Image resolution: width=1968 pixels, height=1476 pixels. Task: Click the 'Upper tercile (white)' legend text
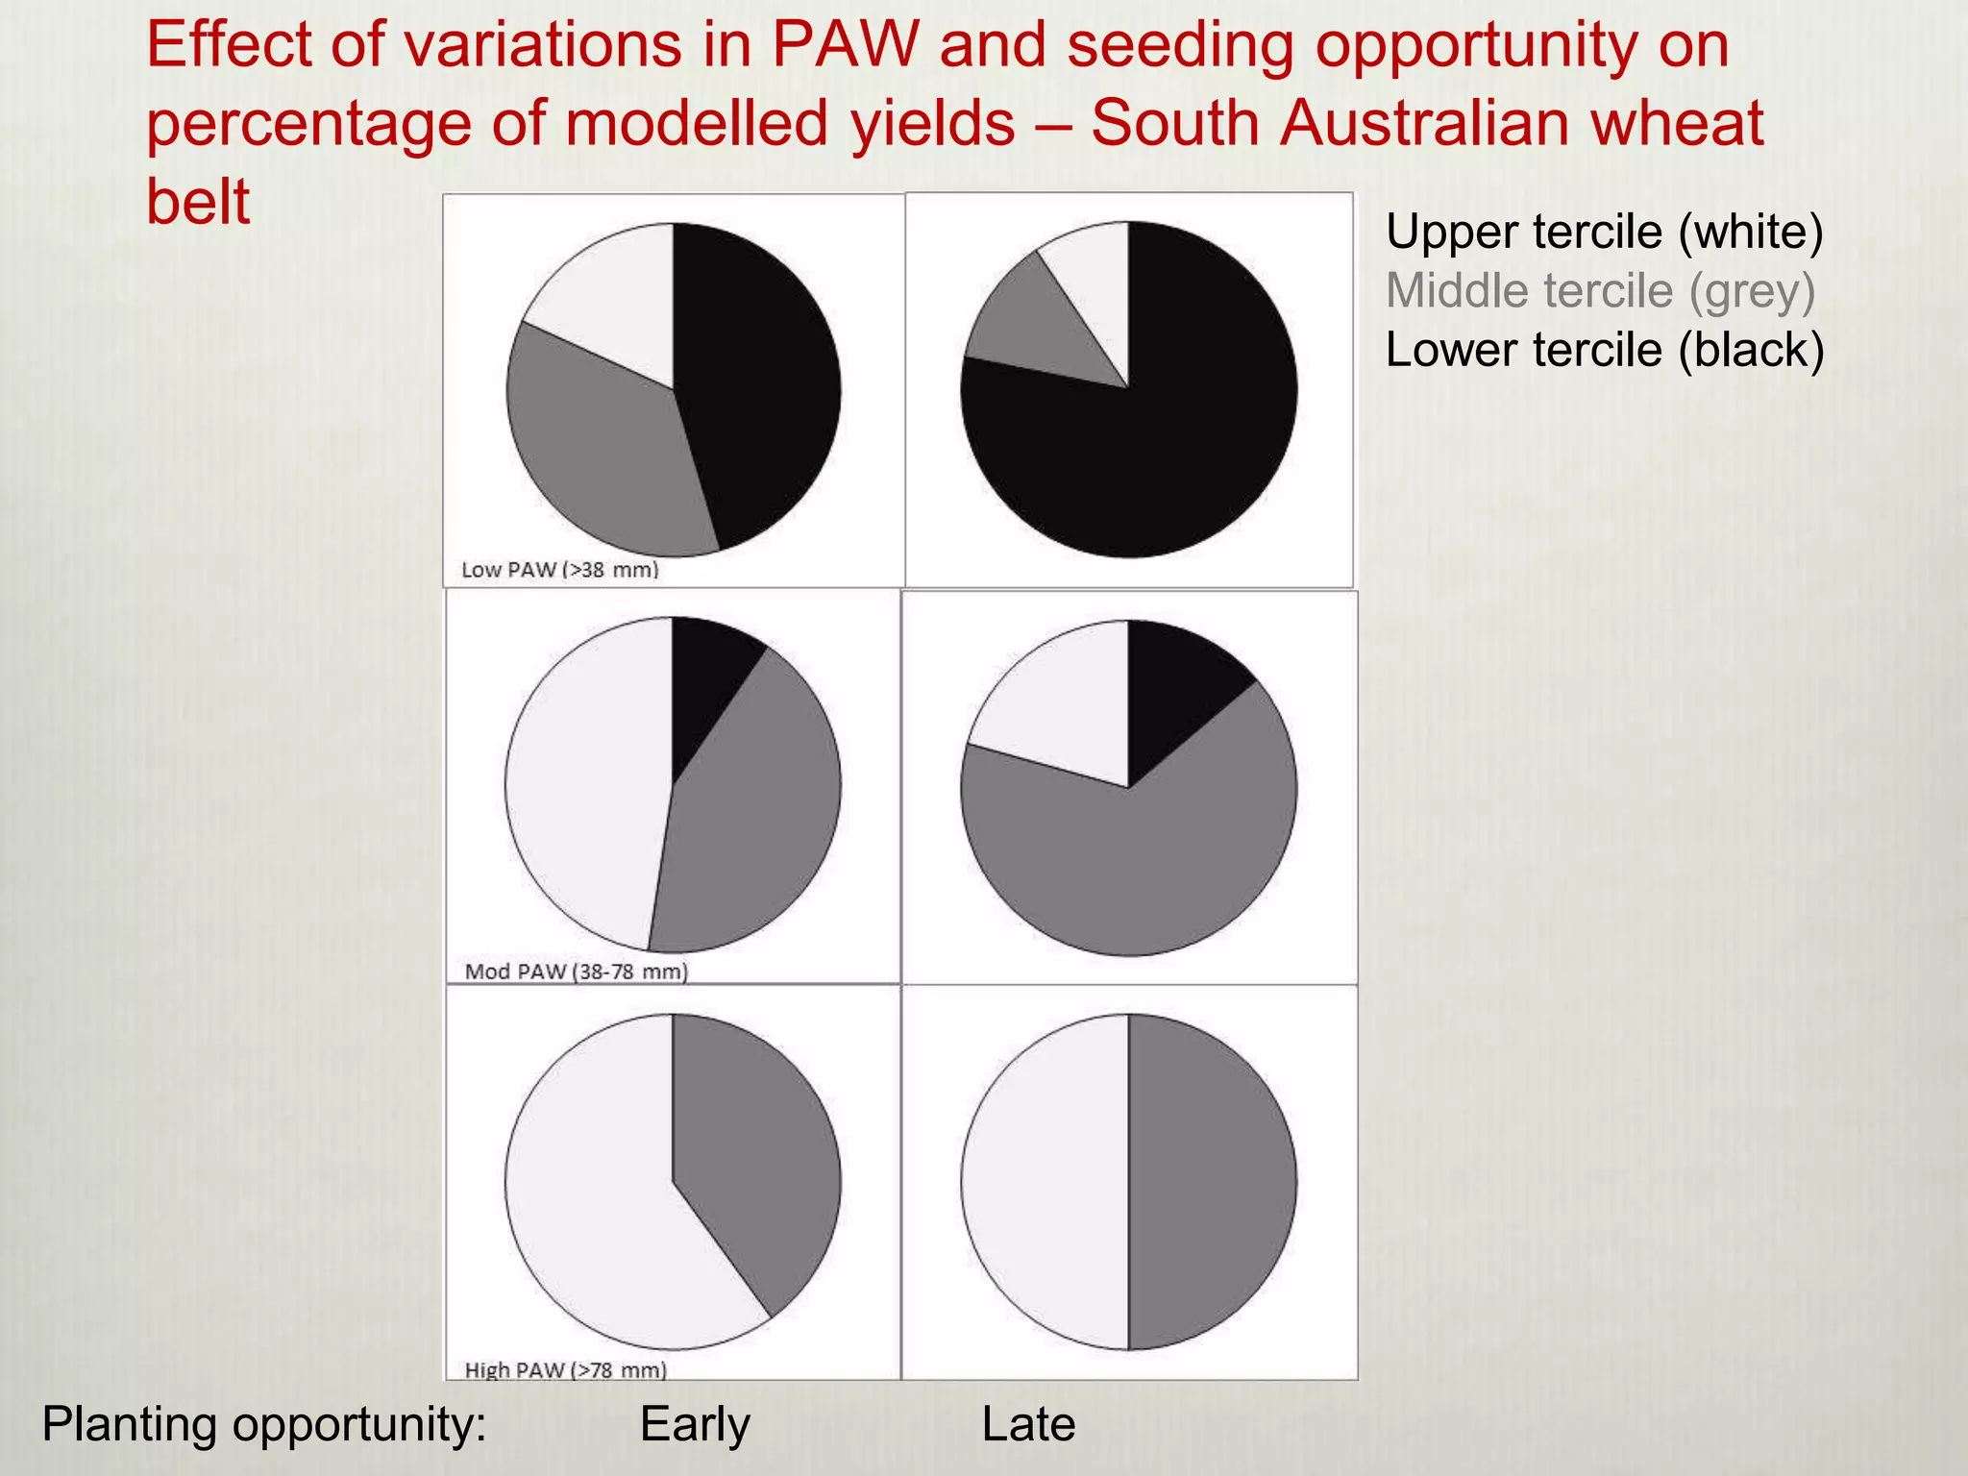pyautogui.click(x=1604, y=233)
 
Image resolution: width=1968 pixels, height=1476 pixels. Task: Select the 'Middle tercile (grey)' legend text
pyautogui.click(x=1600, y=291)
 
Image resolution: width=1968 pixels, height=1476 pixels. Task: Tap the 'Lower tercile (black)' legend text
pyautogui.click(x=1604, y=350)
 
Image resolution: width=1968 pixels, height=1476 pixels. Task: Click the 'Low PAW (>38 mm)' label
pyautogui.click(x=560, y=570)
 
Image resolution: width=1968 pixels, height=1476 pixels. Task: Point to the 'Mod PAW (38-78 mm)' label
pyautogui.click(x=577, y=972)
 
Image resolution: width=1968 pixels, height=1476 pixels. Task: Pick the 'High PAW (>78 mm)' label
pyautogui.click(x=566, y=1369)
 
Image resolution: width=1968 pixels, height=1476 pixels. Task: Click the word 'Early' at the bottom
pyautogui.click(x=695, y=1424)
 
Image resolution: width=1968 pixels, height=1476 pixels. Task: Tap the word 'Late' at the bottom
pyautogui.click(x=1028, y=1424)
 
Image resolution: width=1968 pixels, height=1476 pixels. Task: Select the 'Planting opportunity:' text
pyautogui.click(x=264, y=1424)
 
